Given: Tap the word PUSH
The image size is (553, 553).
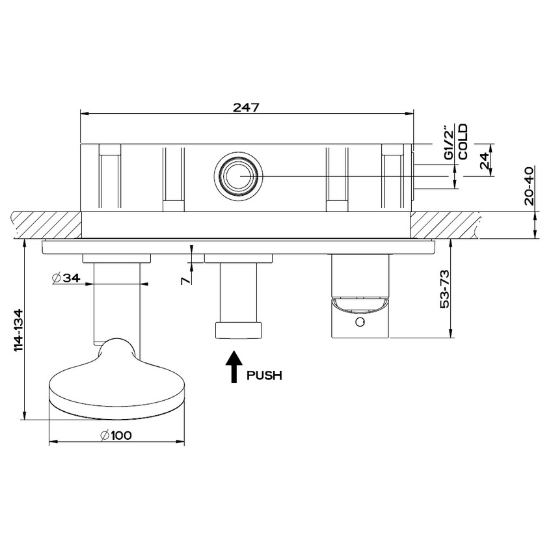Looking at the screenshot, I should point(264,375).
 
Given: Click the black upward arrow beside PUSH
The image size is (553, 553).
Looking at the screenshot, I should point(234,368).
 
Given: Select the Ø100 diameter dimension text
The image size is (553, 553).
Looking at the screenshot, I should point(117,435).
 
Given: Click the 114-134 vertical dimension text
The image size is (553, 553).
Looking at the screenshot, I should point(19,330).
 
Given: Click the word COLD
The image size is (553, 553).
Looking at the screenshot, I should point(463,141).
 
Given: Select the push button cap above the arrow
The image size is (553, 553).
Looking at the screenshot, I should point(239,329).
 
